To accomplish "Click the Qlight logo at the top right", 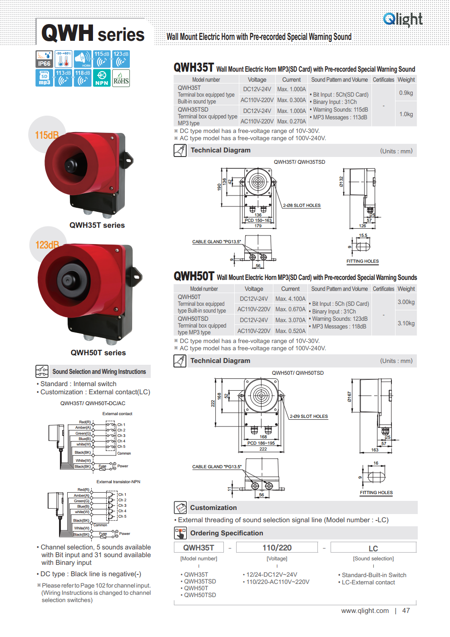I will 403,19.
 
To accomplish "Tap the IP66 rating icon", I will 44,59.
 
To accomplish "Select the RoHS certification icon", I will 121,78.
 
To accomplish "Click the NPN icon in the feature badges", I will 102,78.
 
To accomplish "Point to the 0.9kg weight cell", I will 406,93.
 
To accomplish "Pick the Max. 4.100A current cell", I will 291,299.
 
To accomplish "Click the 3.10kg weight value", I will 406,323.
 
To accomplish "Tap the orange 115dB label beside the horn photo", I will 47,135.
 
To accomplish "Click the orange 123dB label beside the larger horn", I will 47,245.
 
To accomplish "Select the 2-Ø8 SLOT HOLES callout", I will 302,206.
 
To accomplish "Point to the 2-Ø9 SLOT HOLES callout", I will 309,416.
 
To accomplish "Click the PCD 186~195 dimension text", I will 261,443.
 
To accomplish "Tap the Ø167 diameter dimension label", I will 349,397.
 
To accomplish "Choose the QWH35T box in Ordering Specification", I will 199,548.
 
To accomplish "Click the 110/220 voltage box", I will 277,548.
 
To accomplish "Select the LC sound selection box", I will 373,548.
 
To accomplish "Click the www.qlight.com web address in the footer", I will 365,611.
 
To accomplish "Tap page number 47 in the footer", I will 406,611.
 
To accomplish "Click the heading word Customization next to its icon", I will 213,508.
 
